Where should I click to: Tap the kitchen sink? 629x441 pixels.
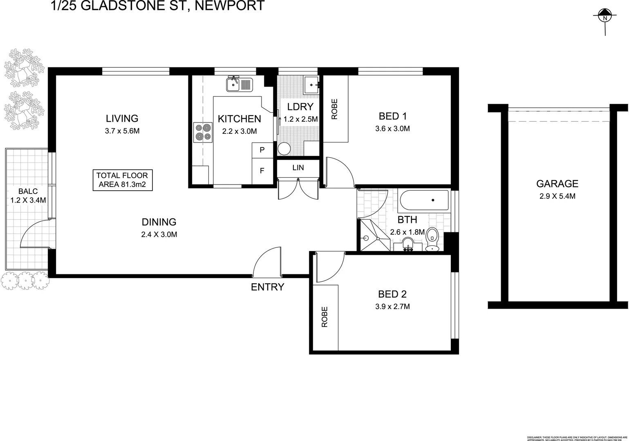pos(240,85)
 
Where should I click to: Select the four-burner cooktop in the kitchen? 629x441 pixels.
pos(203,132)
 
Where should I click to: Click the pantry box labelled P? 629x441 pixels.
pos(262,150)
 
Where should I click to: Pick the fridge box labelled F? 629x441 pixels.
pos(262,171)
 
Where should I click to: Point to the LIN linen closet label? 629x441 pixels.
pos(298,168)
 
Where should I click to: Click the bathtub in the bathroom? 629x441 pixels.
pos(424,200)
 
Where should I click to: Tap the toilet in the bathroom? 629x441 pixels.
pos(432,239)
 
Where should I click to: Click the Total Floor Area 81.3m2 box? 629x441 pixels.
pos(123,180)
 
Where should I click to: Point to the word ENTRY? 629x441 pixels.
pos(267,287)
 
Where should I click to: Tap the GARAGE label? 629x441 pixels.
pos(557,184)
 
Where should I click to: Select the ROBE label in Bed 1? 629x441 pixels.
pos(335,109)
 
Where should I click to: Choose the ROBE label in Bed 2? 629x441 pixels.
pos(325,317)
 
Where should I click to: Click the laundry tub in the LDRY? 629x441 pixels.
pos(312,85)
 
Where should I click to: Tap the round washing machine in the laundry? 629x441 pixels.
pos(284,149)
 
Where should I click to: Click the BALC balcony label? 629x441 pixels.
pos(28,191)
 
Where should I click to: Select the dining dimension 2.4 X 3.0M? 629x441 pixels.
pos(159,234)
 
